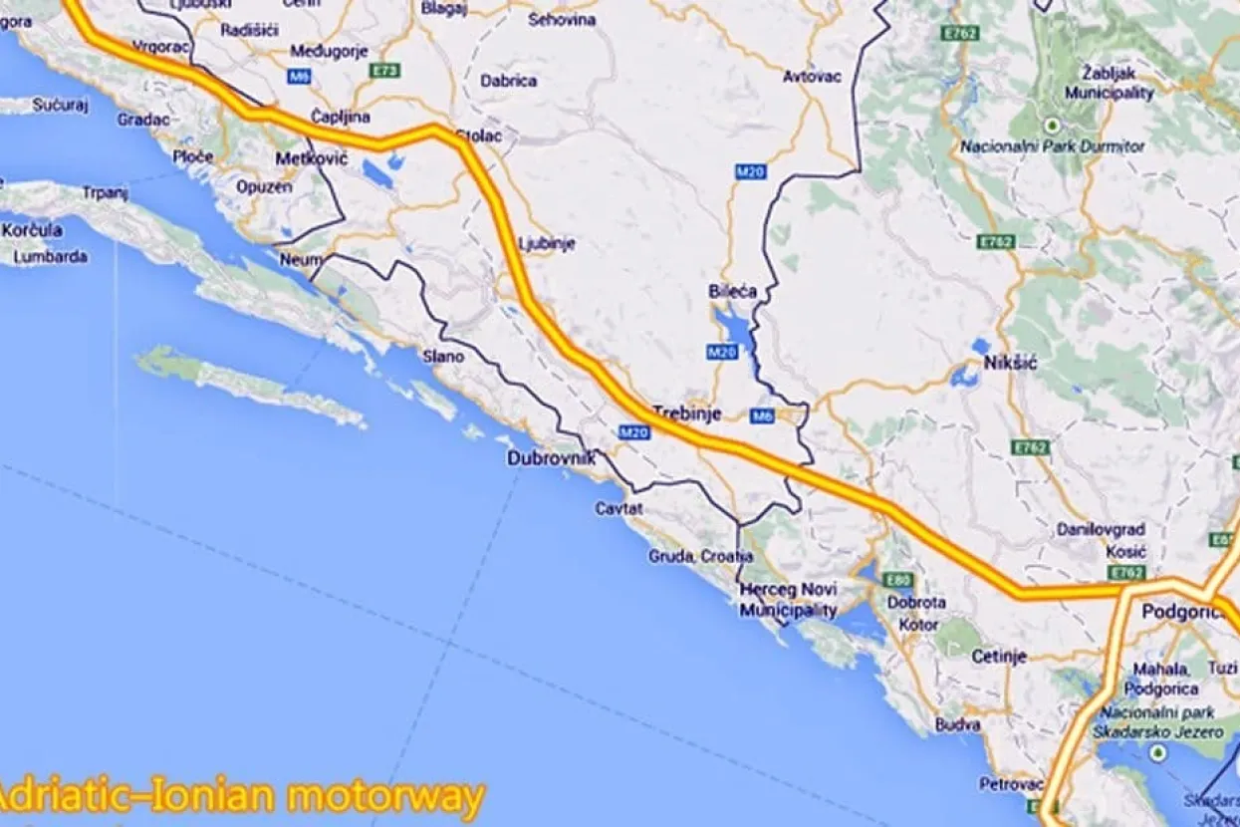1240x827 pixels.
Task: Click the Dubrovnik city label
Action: click(551, 458)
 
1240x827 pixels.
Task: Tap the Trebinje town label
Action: click(684, 411)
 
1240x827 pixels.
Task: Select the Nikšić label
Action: click(1010, 363)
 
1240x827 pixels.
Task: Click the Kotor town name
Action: click(917, 625)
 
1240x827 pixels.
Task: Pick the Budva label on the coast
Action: click(959, 724)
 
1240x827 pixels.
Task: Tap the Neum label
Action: click(301, 258)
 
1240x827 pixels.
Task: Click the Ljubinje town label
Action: click(547, 243)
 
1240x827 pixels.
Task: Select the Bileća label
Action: click(732, 291)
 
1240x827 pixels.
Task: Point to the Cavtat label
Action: click(619, 509)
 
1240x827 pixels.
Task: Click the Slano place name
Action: click(444, 356)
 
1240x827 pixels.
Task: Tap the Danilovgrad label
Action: click(1101, 529)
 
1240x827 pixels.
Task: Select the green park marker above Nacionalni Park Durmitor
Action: click(1052, 125)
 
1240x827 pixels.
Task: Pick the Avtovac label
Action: click(812, 76)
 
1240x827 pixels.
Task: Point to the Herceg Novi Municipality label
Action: click(788, 599)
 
